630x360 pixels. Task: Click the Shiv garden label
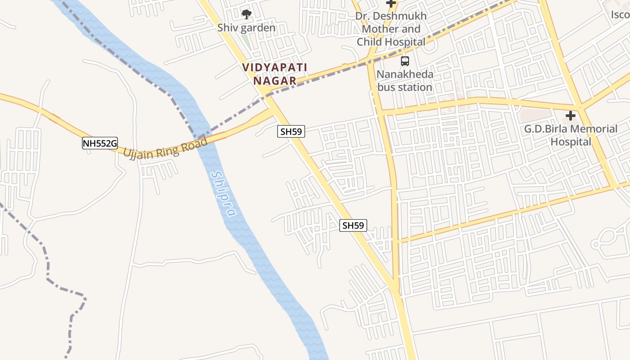(x=246, y=28)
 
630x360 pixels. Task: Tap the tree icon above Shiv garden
(x=246, y=14)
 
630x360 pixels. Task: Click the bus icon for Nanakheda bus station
(x=405, y=61)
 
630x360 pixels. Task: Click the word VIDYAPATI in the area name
(x=274, y=67)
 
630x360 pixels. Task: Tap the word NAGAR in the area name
(x=274, y=81)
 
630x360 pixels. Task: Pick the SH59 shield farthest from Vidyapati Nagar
(x=353, y=225)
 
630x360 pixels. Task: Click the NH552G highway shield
(x=99, y=144)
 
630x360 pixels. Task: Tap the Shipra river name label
(x=224, y=193)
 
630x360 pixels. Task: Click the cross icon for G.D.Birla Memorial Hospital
(x=571, y=116)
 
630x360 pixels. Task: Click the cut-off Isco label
(x=620, y=15)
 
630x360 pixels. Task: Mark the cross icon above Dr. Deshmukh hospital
(x=391, y=4)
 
